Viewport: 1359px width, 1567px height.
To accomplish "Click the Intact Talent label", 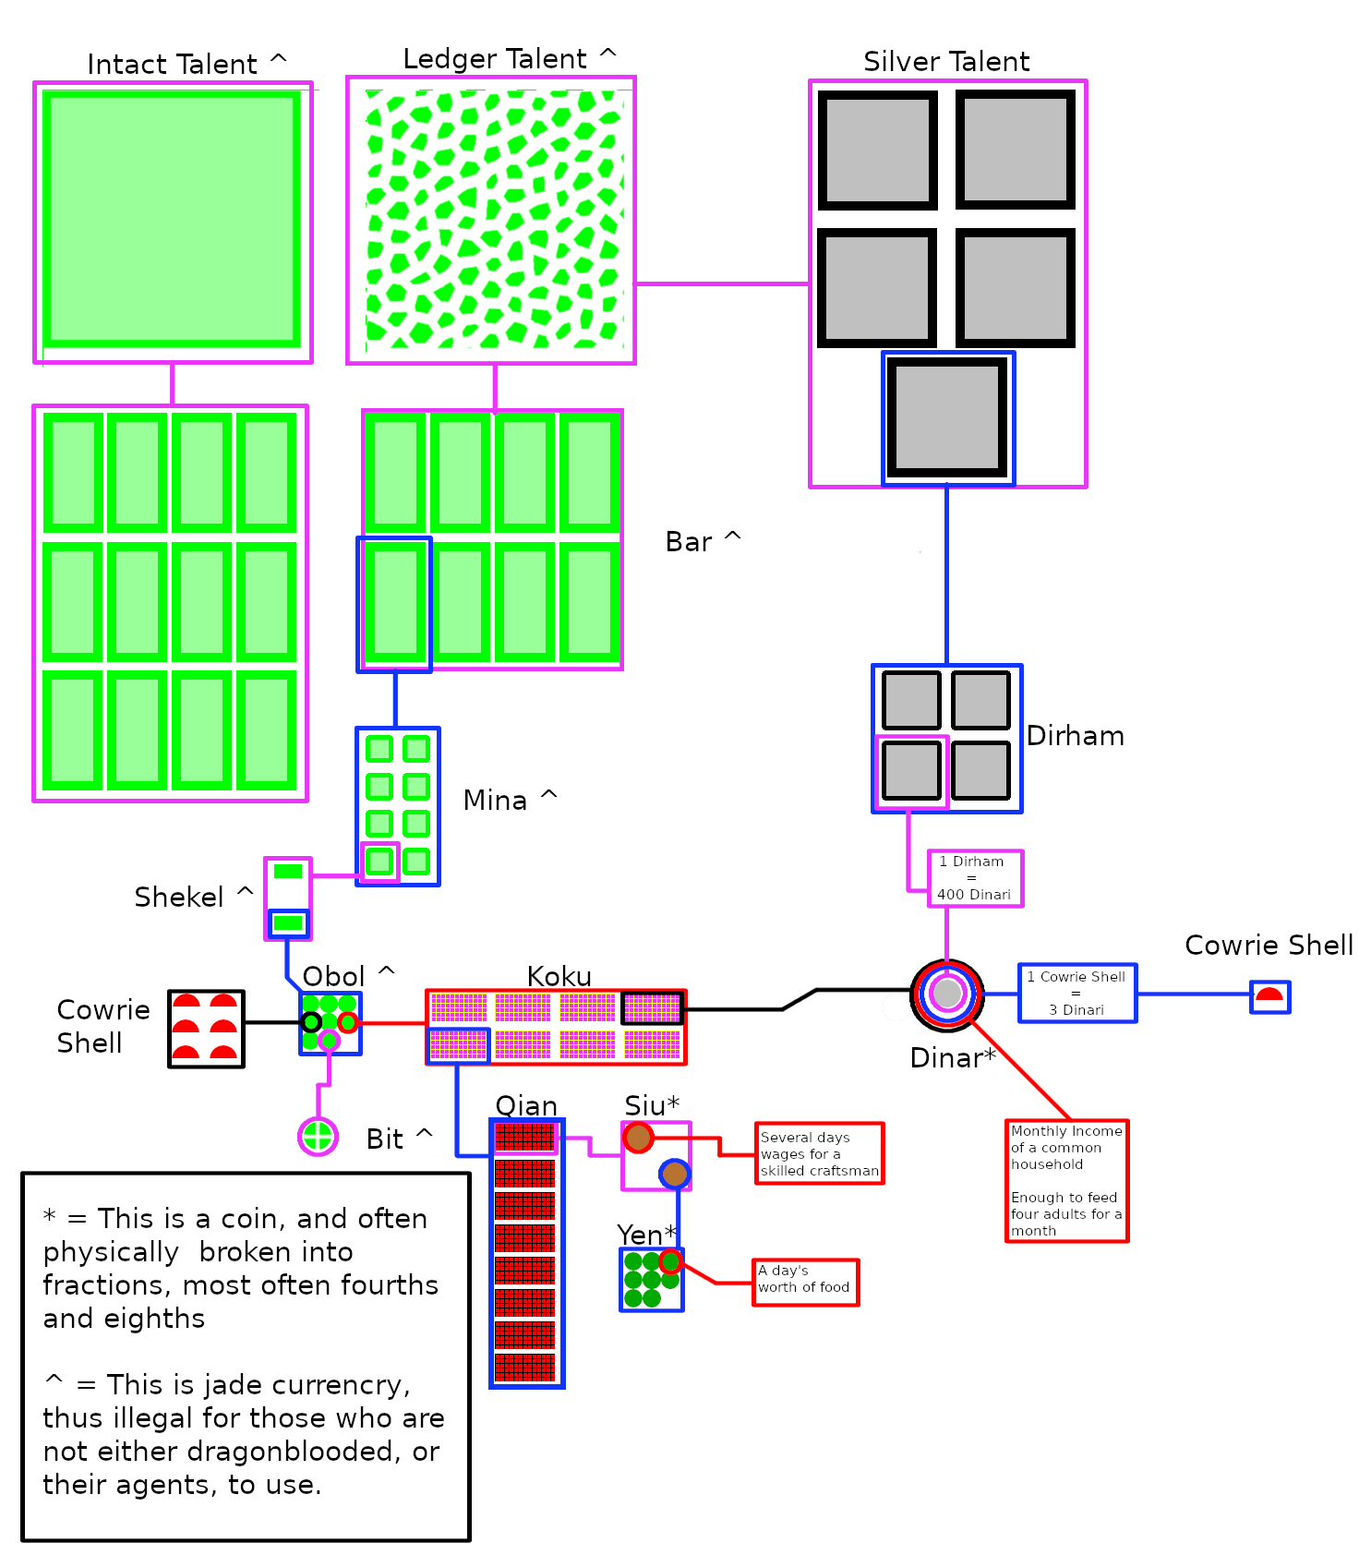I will [173, 65].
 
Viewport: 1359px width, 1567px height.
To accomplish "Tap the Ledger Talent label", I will [495, 59].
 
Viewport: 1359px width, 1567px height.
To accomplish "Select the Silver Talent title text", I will [946, 62].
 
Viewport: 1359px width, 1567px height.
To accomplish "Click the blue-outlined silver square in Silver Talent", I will [947, 418].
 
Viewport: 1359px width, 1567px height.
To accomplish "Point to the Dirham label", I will [1076, 736].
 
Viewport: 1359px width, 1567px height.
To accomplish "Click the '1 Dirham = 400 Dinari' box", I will [975, 878].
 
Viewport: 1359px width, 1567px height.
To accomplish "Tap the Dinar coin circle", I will [947, 994].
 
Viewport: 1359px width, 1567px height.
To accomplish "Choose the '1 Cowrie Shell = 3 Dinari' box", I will [1077, 994].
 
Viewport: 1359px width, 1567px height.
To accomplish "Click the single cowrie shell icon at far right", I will [1269, 996].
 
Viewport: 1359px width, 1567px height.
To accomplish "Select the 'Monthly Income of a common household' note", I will [1066, 1180].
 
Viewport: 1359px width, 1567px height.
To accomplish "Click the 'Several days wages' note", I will [819, 1153].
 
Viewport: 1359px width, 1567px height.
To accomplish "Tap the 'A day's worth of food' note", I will [805, 1282].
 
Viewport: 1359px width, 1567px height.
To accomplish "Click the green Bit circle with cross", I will [318, 1136].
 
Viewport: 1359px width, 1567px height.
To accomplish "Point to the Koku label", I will [559, 976].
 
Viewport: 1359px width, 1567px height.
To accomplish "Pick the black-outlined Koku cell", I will [652, 1007].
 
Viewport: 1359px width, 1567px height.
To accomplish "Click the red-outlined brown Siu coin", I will [638, 1138].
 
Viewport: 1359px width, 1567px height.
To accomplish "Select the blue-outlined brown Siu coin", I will [675, 1174].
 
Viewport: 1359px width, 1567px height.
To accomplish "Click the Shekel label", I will [179, 898].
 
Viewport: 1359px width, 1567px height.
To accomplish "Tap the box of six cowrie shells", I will [206, 1029].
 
